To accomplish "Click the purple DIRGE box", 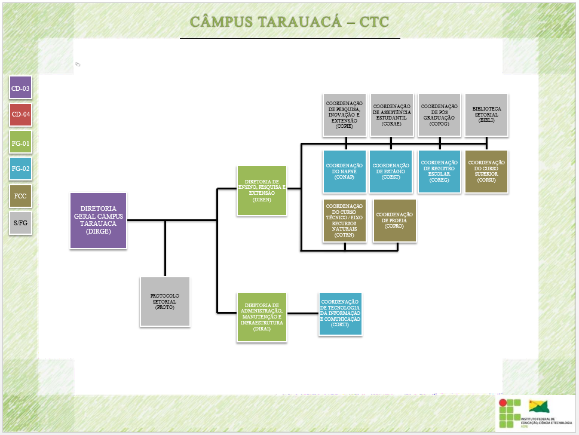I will [99, 220].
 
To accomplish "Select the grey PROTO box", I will [165, 302].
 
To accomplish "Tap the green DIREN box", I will [262, 190].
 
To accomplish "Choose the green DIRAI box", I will [262, 317].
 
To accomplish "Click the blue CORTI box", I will [341, 313].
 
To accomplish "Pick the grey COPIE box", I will [344, 114].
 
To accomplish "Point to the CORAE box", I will [392, 114].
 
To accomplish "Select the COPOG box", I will [440, 114].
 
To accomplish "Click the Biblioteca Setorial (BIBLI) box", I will [486, 114].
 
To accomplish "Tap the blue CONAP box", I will [344, 171].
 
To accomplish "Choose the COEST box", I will [391, 171].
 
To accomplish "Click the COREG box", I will [440, 171].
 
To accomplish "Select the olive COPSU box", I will [486, 171].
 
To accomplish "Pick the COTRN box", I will [344, 220].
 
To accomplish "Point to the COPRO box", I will [394, 220].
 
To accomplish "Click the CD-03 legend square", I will [20, 88].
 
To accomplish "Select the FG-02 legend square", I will [20, 169].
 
